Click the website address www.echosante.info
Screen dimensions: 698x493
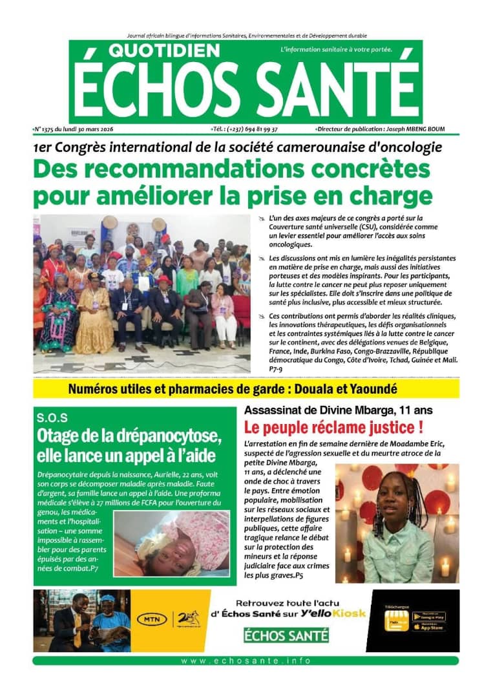(x=246, y=661)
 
